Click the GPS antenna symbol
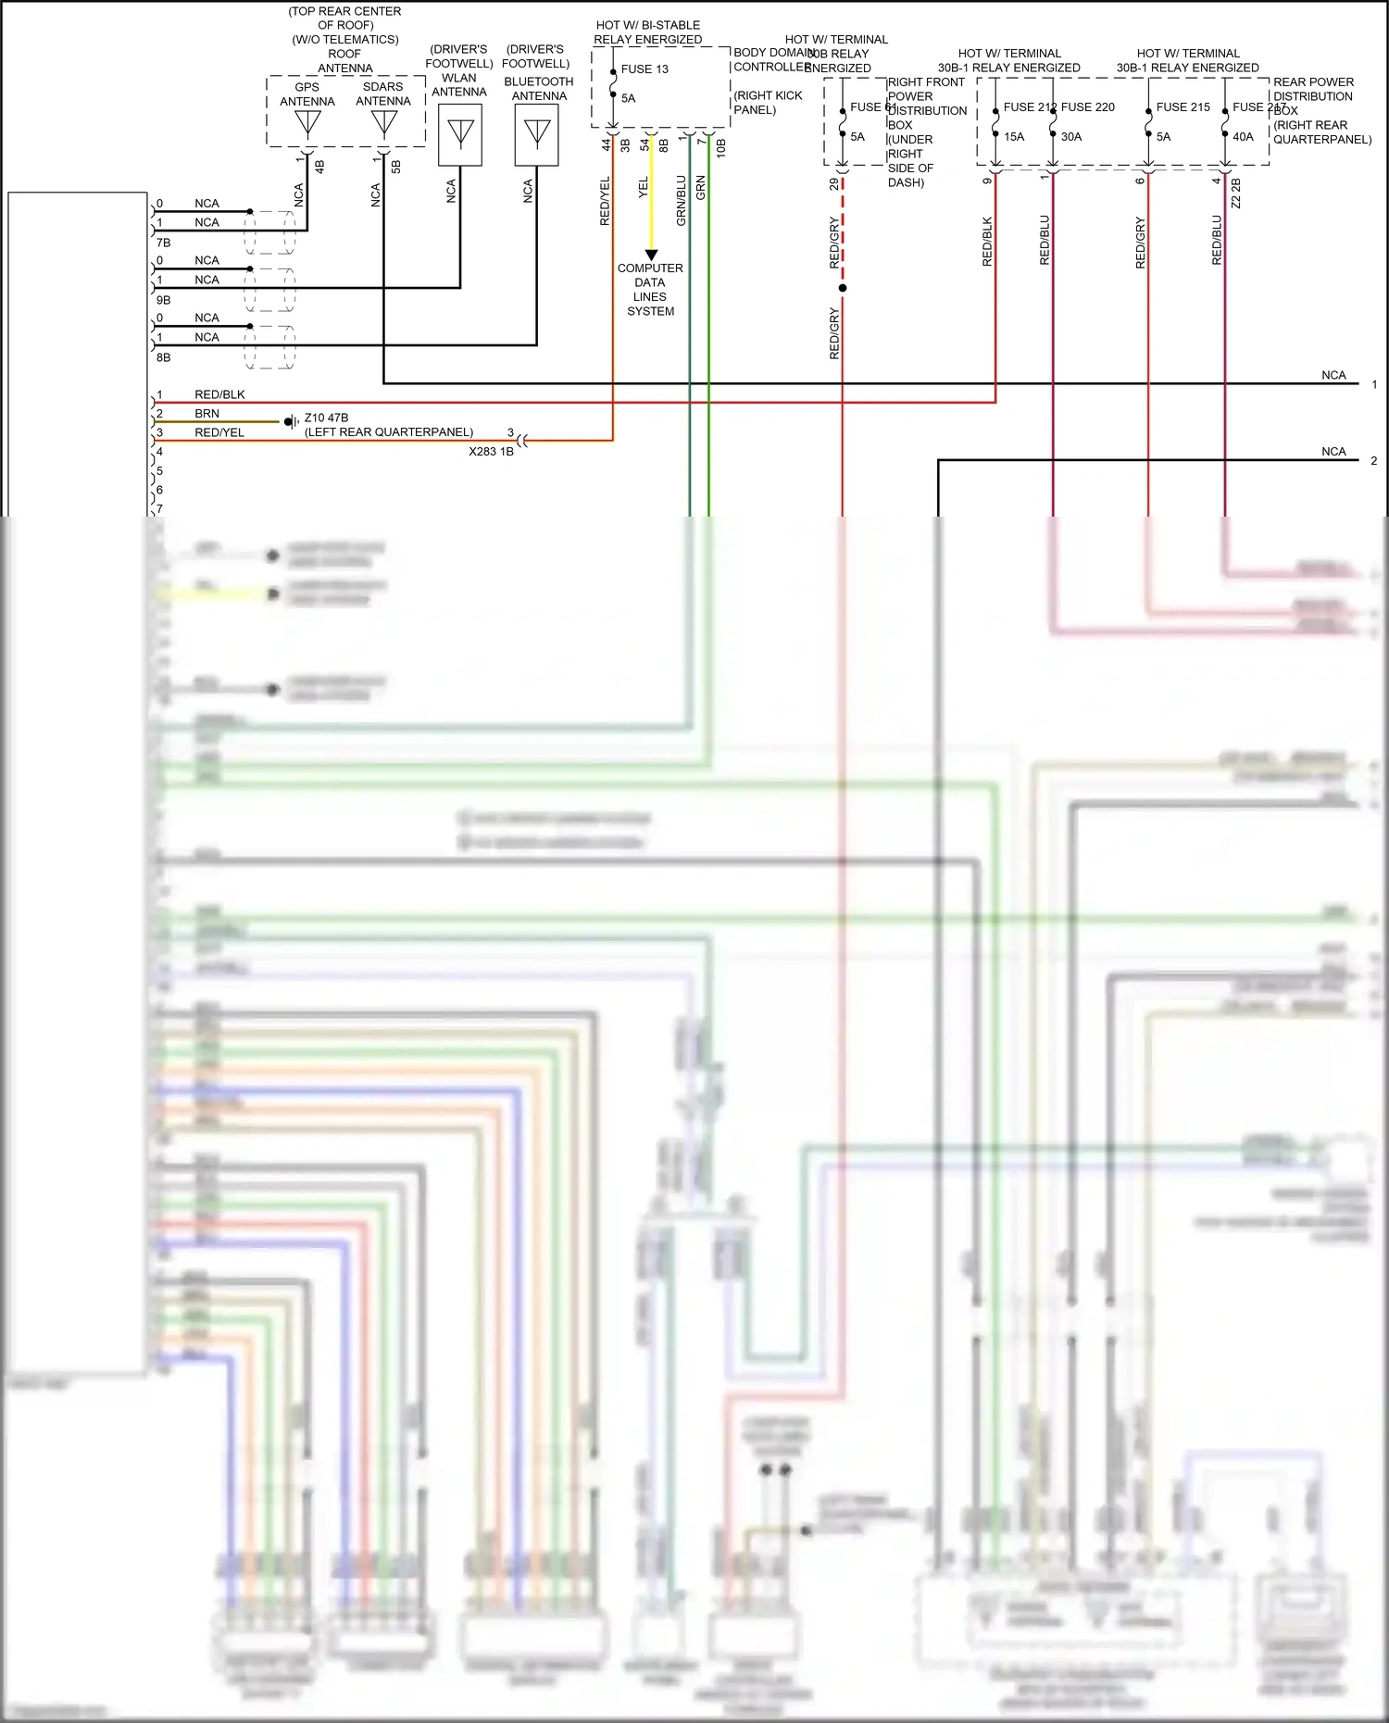[x=307, y=122]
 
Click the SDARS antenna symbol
[x=383, y=122]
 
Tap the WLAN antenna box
[x=460, y=134]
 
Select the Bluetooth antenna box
[x=537, y=134]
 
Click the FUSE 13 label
[x=644, y=69]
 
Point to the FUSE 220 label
[x=1088, y=107]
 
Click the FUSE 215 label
[x=1183, y=107]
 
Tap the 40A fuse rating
[x=1243, y=137]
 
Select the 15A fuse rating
[x=1014, y=137]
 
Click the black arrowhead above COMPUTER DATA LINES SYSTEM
[x=651, y=255]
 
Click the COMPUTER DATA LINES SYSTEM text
[x=650, y=290]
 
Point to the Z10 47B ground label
[x=326, y=418]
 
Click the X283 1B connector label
[x=491, y=452]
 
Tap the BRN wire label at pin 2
[x=206, y=414]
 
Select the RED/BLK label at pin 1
[x=219, y=394]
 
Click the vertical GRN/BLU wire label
[x=682, y=201]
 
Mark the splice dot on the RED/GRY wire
[x=843, y=288]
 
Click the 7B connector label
[x=163, y=243]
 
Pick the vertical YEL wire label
[x=644, y=188]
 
